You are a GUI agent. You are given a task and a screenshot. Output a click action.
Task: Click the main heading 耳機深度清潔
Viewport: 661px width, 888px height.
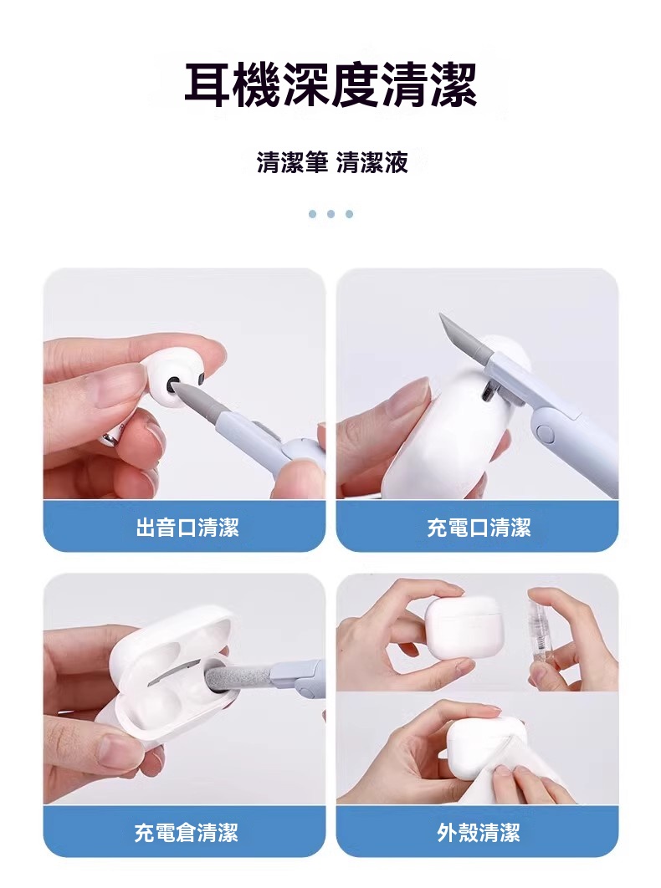pyautogui.click(x=330, y=86)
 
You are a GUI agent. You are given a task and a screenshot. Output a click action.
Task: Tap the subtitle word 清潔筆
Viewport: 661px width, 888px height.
pyautogui.click(x=292, y=162)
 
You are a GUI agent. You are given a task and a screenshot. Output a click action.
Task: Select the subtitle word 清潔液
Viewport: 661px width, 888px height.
pyautogui.click(x=371, y=162)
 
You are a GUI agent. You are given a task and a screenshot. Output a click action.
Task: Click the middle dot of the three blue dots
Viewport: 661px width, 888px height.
pyautogui.click(x=331, y=214)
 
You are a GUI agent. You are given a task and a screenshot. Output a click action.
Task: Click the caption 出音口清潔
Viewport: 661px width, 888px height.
pyautogui.click(x=187, y=528)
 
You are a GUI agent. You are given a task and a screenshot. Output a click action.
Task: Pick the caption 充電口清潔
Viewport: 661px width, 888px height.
pyautogui.click(x=479, y=528)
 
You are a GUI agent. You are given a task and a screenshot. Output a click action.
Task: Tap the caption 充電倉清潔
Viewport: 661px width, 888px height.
pyautogui.click(x=186, y=833)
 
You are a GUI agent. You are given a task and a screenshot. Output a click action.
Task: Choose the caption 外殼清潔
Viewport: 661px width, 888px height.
pyautogui.click(x=479, y=833)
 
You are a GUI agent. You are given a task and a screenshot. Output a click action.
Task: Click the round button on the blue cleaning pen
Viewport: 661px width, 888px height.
pyautogui.click(x=546, y=432)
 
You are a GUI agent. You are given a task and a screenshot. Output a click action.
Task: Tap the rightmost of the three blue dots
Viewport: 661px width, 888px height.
pyautogui.click(x=349, y=214)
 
